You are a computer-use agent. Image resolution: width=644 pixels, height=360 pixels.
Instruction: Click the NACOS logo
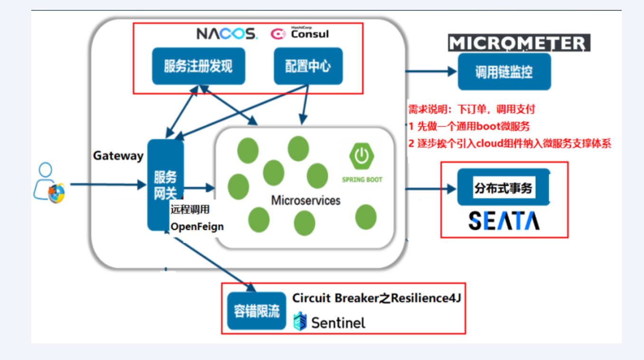(x=227, y=34)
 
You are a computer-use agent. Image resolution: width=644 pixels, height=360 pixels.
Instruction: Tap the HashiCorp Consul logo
(x=299, y=34)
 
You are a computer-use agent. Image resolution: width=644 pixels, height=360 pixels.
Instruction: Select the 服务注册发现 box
(x=198, y=66)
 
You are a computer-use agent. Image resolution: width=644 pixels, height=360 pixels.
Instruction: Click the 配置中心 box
(x=308, y=66)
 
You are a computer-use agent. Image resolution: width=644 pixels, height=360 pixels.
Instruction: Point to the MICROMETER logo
(x=519, y=43)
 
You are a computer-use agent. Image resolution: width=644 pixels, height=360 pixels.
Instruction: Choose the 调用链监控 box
(x=504, y=72)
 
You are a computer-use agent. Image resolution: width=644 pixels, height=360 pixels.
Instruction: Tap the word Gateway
(x=118, y=156)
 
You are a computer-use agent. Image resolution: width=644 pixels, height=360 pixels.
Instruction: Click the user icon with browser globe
(x=49, y=183)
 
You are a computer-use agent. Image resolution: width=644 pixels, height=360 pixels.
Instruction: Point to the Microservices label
(x=306, y=200)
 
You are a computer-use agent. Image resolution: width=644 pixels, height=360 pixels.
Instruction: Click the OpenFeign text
(x=197, y=227)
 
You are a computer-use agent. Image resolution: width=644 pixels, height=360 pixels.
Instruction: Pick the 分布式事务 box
(x=503, y=188)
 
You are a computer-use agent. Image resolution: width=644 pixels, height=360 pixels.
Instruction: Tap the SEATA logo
(x=504, y=221)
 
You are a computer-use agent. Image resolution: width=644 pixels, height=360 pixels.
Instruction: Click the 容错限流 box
(x=257, y=311)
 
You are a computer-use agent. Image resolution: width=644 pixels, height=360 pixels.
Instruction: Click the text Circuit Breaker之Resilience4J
(x=376, y=298)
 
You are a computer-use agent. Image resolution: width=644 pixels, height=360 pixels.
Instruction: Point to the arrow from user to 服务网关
(x=107, y=184)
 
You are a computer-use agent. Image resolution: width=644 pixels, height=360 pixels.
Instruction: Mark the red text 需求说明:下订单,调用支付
(x=472, y=109)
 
